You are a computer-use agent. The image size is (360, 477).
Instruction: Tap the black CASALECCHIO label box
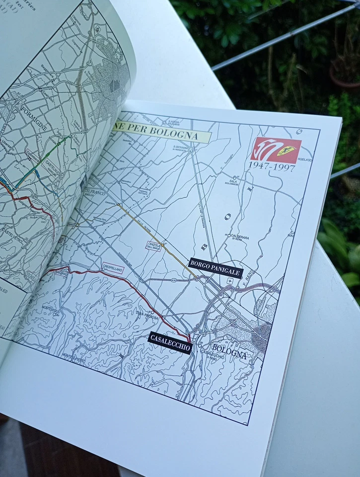pyautogui.click(x=170, y=342)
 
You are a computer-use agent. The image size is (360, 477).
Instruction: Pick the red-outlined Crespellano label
pyautogui.click(x=112, y=267)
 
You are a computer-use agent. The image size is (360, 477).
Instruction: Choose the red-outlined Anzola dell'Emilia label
pyautogui.click(x=153, y=245)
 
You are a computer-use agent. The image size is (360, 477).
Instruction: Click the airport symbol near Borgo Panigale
pyautogui.click(x=229, y=281)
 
